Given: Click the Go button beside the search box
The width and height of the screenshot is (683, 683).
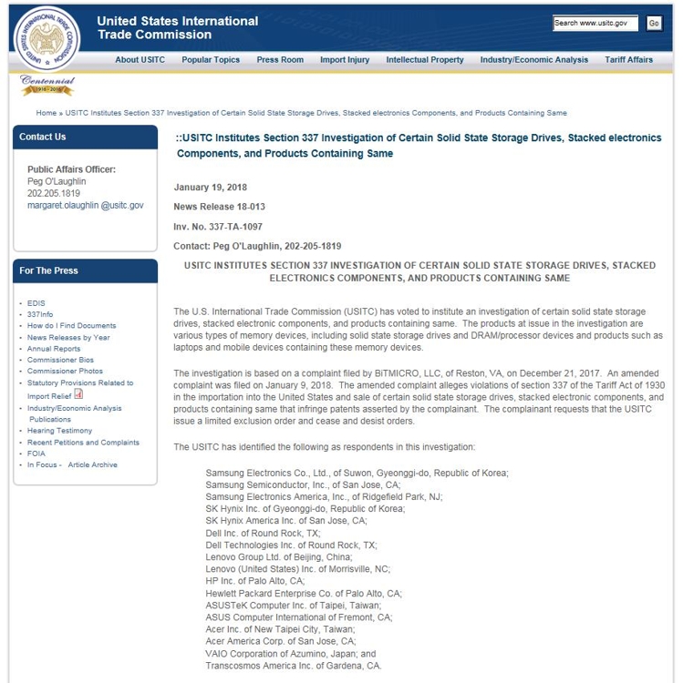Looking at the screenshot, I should coord(654,23).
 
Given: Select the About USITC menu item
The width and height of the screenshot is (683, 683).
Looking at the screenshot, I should coord(140,60).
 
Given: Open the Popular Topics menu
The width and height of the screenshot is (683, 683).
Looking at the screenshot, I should coord(211,60).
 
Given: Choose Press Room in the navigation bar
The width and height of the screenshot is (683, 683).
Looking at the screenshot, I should coord(280,60).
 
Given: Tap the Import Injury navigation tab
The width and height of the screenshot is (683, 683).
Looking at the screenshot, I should coord(345,60).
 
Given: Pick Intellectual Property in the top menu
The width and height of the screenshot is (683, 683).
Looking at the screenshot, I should coord(425,60).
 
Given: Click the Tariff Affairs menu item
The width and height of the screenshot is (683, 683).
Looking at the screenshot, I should coord(628,60).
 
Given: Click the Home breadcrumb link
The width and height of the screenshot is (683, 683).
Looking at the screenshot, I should coord(46,113).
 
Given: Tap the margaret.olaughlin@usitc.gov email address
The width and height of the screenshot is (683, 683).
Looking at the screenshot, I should coord(85,206).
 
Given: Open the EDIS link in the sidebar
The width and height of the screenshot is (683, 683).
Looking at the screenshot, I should coord(36,303).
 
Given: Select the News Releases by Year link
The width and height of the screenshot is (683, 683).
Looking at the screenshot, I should coord(68,337).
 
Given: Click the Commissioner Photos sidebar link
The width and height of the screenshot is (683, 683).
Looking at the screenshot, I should coord(65,372).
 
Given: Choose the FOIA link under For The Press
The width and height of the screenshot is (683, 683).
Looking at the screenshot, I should coord(36,454).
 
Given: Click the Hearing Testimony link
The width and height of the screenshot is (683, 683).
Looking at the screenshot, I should coord(59,431).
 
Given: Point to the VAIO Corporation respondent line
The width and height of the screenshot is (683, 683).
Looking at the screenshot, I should coord(290,654).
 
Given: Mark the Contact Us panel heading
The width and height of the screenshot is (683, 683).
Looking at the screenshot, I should coord(43,137).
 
